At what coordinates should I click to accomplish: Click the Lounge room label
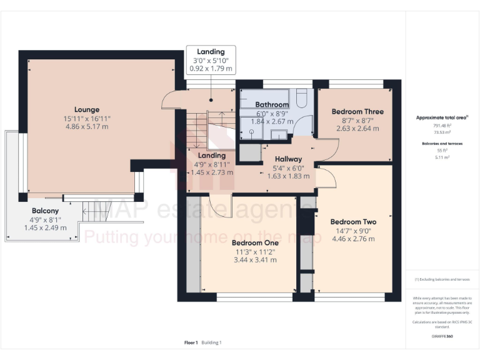tap(87, 110)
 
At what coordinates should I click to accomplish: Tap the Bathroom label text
tap(271, 104)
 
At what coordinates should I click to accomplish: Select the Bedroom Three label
tap(357, 112)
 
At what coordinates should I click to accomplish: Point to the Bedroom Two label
tap(353, 222)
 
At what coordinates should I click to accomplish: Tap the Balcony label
tap(45, 211)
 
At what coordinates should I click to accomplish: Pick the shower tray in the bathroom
tap(250, 129)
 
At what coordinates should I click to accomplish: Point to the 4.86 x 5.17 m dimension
tap(87, 126)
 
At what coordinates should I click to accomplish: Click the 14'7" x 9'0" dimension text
tap(353, 231)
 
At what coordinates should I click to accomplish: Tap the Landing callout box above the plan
tap(211, 60)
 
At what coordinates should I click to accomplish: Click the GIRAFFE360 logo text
tap(442, 336)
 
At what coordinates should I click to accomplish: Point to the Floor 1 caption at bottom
tap(191, 342)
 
